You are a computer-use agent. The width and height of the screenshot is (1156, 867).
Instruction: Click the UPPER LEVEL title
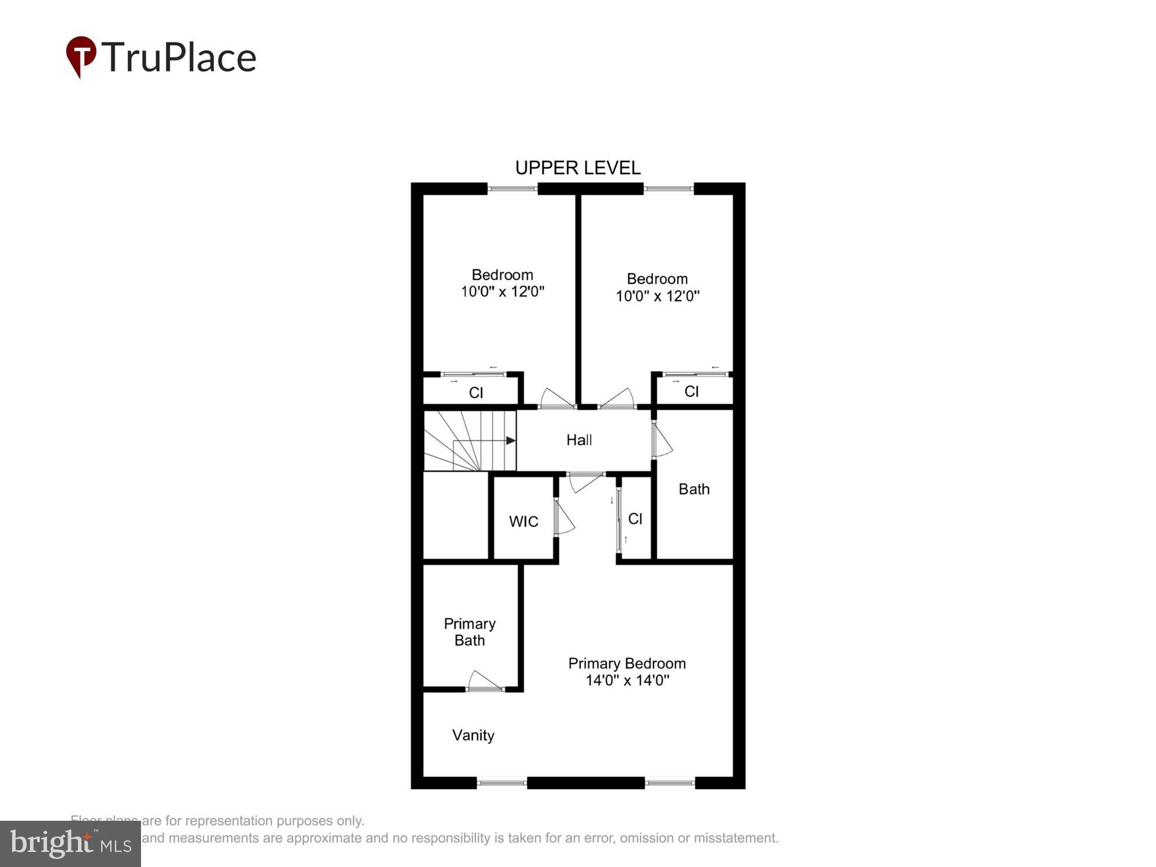[577, 168]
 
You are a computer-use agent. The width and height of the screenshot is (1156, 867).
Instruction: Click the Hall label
[579, 440]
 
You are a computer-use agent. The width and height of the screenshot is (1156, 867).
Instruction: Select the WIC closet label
[523, 521]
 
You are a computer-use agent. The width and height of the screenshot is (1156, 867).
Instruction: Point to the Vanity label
[473, 735]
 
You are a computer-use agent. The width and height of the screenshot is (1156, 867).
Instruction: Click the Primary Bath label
[469, 632]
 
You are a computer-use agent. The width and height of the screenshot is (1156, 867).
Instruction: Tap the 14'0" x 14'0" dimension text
[627, 680]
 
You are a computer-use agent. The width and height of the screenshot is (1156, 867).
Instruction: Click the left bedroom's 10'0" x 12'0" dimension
[502, 291]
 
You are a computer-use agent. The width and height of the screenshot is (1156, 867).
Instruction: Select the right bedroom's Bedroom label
[657, 279]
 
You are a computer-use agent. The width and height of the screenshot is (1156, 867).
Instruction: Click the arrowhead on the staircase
[510, 440]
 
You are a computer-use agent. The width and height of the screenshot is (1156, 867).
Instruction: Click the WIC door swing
[564, 518]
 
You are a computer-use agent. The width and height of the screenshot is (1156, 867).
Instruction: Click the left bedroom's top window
[513, 188]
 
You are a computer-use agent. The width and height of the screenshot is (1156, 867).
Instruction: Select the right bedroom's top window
[668, 188]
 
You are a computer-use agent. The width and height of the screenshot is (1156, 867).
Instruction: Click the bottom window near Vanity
[501, 783]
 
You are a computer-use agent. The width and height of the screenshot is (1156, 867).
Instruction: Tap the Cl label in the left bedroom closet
[476, 393]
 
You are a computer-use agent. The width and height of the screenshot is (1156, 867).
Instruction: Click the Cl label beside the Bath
[635, 518]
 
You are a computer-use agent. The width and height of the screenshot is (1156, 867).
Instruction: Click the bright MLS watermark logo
[71, 844]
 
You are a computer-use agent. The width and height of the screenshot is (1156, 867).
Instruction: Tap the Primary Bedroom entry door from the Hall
[585, 481]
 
